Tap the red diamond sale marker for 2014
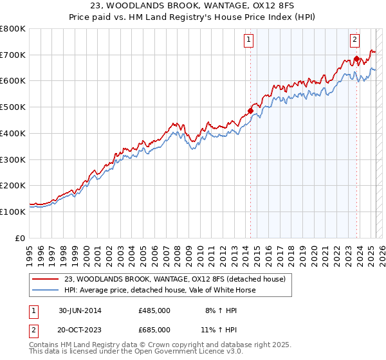tap(250, 111)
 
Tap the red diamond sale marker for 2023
tap(356, 59)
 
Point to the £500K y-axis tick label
tap(13, 107)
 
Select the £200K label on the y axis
tap(13, 185)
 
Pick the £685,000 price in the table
tap(154, 330)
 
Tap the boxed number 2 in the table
tap(33, 330)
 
